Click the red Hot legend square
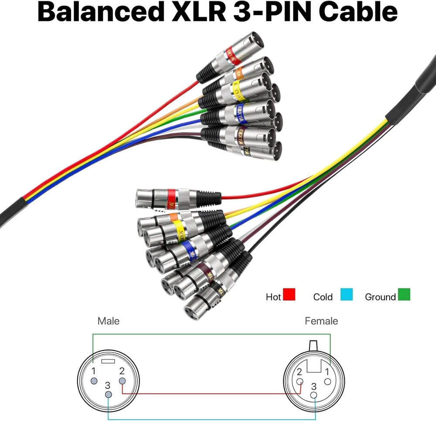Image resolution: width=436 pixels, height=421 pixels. point(289,295)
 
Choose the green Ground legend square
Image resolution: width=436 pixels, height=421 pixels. point(404,295)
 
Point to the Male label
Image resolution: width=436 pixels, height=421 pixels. point(109,321)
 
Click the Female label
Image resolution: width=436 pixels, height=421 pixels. point(321,321)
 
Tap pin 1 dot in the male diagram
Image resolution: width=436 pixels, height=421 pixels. point(94,381)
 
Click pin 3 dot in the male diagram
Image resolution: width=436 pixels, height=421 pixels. point(108,394)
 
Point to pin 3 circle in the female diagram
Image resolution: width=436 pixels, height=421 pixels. point(314,395)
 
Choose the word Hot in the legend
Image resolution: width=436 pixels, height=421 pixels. point(273,297)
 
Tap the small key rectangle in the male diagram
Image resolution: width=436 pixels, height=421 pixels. point(107,361)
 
